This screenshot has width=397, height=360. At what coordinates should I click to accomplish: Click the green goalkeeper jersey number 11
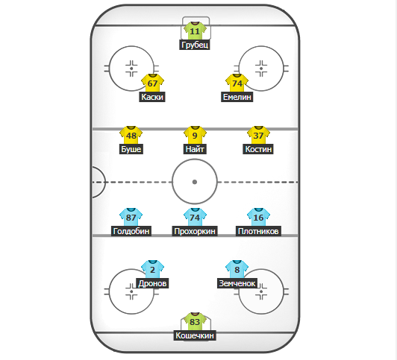195,31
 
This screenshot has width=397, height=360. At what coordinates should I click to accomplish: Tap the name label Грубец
195,45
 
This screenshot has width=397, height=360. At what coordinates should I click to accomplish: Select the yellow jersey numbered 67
152,83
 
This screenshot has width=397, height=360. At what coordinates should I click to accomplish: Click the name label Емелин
237,97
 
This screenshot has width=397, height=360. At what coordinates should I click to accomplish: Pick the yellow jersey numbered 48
131,135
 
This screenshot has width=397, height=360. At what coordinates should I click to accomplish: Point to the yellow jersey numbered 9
195,135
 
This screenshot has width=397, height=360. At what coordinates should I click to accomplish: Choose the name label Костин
258,149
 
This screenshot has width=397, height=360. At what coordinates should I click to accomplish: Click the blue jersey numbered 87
131,217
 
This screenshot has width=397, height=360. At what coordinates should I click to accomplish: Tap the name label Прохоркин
195,231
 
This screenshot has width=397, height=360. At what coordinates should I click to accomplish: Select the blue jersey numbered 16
258,217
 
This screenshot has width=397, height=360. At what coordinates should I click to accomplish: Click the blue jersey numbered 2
152,269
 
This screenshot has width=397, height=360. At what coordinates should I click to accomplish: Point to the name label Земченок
237,283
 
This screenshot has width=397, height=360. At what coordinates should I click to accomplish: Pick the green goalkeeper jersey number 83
195,321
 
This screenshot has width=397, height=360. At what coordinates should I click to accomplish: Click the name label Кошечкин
195,335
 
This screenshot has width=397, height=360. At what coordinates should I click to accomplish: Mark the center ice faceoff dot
195,182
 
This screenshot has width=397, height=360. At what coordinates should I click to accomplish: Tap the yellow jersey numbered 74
237,83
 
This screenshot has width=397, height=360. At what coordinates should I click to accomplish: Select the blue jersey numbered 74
195,217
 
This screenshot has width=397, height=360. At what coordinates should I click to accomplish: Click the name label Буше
131,149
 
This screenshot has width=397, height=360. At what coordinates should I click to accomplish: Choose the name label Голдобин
131,231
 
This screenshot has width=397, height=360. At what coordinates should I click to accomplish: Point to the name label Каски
152,97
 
